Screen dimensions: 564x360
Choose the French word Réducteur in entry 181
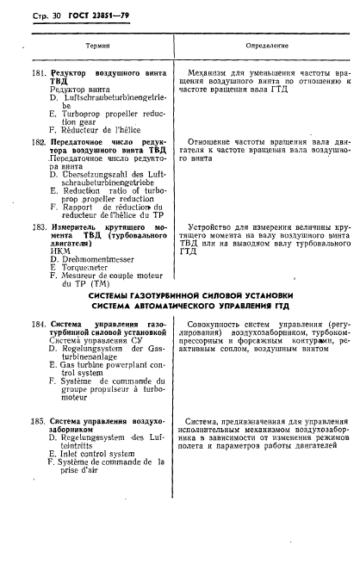click(80, 128)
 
